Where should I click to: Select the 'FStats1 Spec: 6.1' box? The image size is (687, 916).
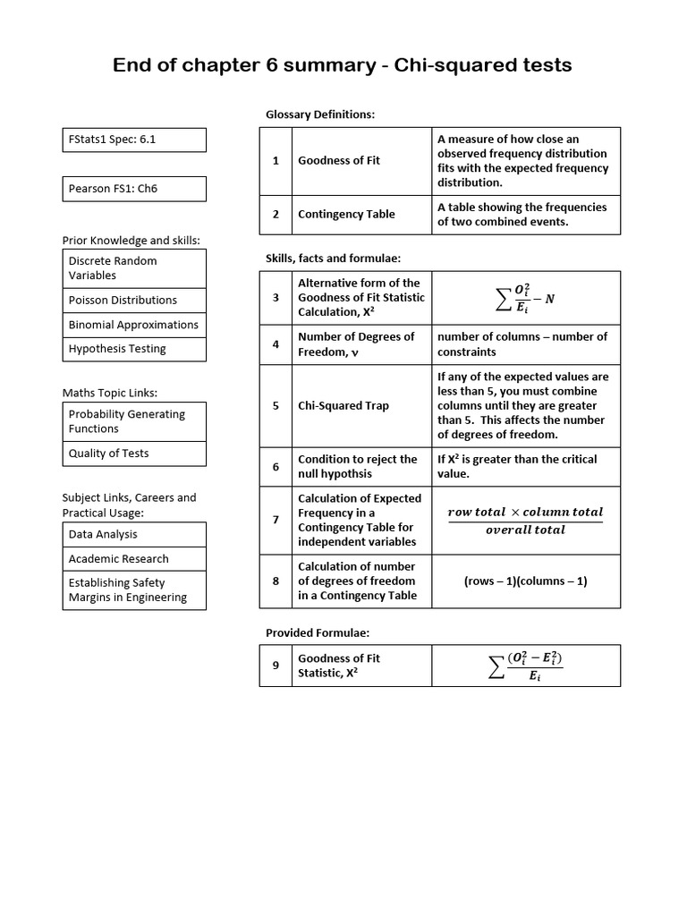click(134, 140)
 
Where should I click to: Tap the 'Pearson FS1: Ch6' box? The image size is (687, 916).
click(134, 189)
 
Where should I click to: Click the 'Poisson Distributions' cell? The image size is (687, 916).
click(134, 301)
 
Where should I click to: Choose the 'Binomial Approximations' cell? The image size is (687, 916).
click(134, 325)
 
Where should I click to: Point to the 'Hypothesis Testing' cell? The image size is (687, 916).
click(134, 349)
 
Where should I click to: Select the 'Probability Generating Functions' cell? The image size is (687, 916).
click(134, 421)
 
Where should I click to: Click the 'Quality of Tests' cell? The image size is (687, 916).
click(134, 454)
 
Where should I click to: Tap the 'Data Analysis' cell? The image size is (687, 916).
click(134, 534)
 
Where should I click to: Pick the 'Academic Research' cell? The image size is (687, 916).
click(134, 559)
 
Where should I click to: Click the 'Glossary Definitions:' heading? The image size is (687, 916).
click(320, 114)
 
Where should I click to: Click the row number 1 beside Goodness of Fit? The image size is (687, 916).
click(276, 161)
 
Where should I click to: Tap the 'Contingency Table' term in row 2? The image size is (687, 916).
click(346, 215)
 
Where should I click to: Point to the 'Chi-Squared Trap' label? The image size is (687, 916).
click(343, 405)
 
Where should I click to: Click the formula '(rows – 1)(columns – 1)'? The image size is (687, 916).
click(525, 581)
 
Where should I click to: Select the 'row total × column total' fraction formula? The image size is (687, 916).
click(525, 521)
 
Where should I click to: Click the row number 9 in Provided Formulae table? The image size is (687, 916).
click(276, 666)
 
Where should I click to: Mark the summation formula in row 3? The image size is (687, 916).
click(525, 299)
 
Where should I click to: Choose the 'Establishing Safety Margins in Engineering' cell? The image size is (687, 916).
click(134, 590)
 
